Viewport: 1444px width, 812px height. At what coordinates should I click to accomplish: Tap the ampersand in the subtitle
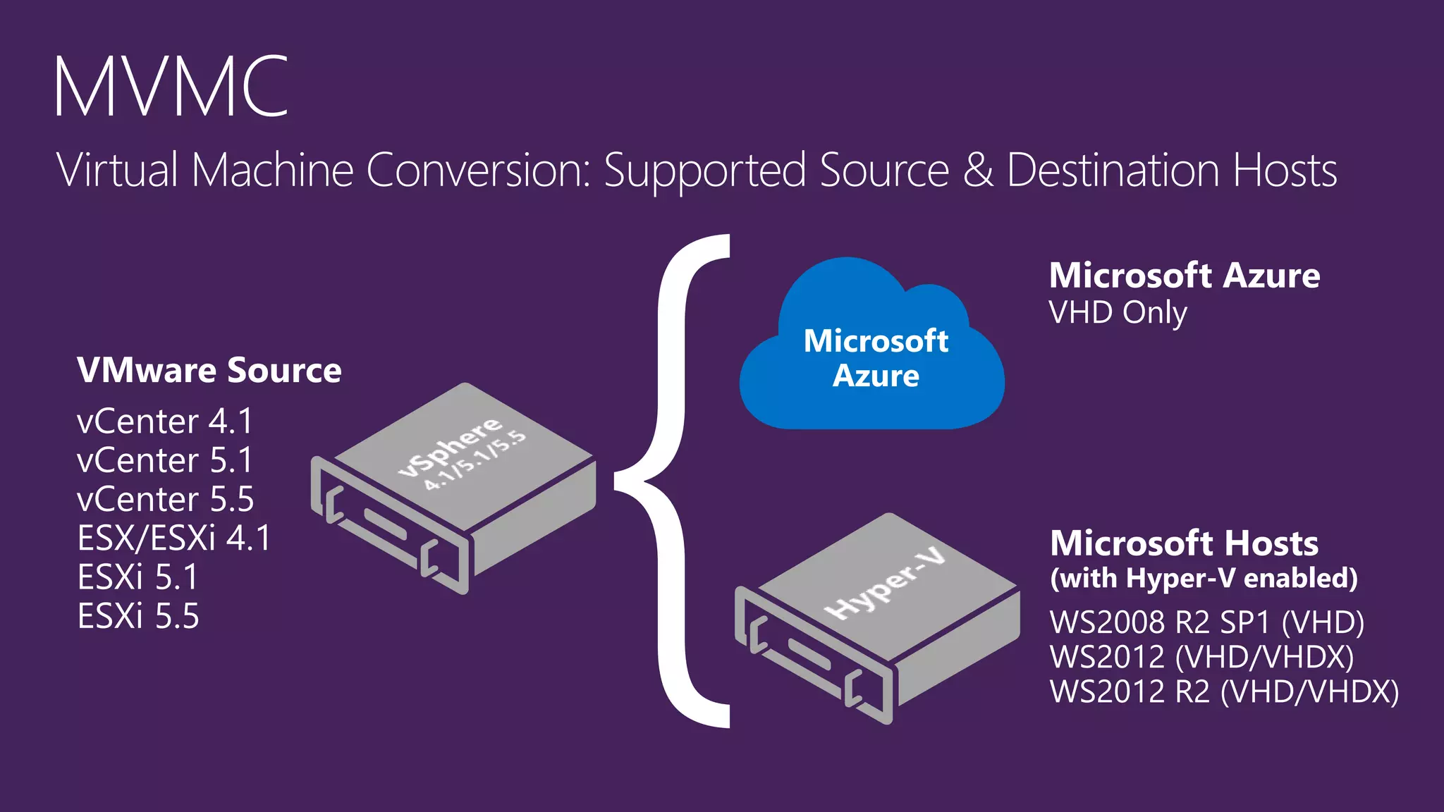click(x=978, y=171)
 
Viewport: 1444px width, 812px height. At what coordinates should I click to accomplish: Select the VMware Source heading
click(x=209, y=371)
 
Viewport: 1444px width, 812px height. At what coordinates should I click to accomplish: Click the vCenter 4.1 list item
click(x=164, y=422)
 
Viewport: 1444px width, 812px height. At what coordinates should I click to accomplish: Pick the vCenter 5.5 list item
click(x=165, y=500)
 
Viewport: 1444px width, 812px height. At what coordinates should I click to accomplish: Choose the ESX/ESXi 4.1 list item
click(x=173, y=539)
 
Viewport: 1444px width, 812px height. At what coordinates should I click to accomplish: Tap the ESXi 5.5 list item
click(x=138, y=616)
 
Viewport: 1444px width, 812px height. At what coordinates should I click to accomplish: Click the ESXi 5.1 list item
click(x=138, y=577)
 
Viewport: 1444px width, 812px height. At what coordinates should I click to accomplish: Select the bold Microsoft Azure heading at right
click(x=1185, y=276)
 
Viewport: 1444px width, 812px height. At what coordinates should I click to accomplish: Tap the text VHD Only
click(x=1118, y=313)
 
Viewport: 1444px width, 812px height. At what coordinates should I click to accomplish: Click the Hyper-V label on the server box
click(x=887, y=584)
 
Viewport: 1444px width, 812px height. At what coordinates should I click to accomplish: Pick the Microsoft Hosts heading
click(x=1184, y=543)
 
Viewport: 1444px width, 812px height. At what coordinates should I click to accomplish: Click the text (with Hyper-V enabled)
click(x=1204, y=578)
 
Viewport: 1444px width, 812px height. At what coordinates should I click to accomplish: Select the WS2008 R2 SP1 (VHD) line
click(x=1206, y=622)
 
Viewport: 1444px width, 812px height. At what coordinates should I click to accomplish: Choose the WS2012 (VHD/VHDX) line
click(x=1201, y=657)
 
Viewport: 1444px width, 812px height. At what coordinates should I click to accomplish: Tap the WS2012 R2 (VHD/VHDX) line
click(x=1224, y=691)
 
